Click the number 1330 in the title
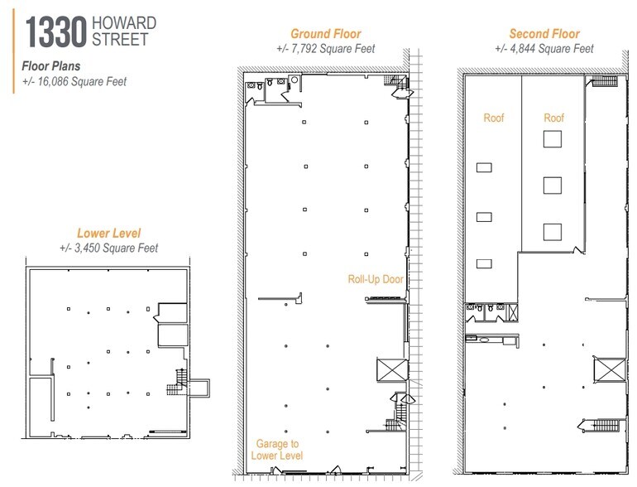pyautogui.click(x=55, y=32)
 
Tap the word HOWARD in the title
pyautogui.click(x=123, y=22)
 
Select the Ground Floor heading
pyautogui.click(x=325, y=34)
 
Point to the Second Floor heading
pyautogui.click(x=544, y=34)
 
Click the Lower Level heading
pyautogui.click(x=108, y=234)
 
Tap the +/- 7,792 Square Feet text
pyautogui.click(x=325, y=49)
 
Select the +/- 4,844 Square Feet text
pyautogui.click(x=544, y=49)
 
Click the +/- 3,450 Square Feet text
pyautogui.click(x=108, y=248)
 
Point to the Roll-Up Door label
pyautogui.click(x=376, y=279)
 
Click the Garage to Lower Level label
pyautogui.click(x=277, y=449)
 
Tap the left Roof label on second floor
pyautogui.click(x=494, y=118)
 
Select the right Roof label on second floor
pyautogui.click(x=553, y=118)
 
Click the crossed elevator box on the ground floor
pyautogui.click(x=390, y=369)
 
